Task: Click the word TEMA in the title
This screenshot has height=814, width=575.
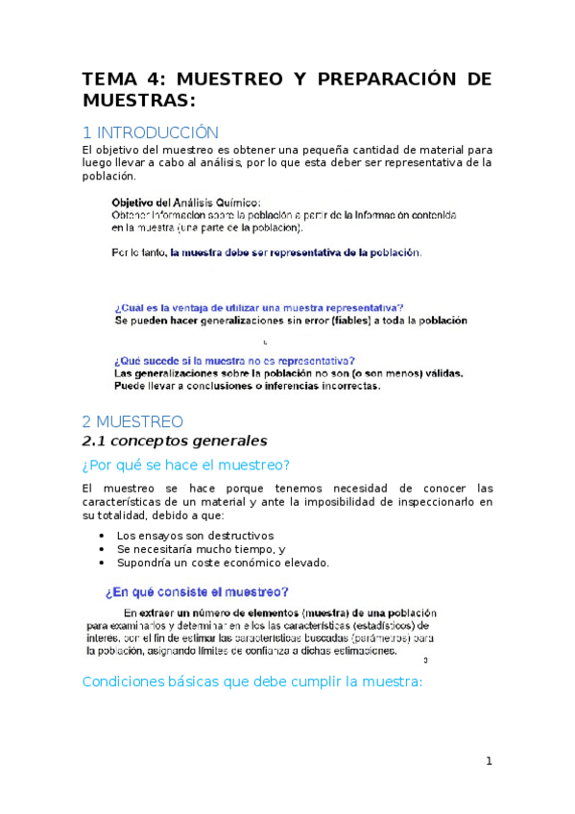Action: point(108,79)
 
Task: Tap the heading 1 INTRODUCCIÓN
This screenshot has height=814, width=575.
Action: point(151,132)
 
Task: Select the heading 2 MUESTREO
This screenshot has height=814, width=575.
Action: point(132,421)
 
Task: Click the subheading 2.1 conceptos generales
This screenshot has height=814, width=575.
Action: point(174,441)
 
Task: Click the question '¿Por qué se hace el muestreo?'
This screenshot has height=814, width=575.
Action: point(186,466)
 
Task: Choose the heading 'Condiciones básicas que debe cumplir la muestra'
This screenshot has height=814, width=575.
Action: point(252,682)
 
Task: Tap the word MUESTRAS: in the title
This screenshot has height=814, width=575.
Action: point(139,100)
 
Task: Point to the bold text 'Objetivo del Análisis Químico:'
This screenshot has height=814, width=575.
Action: point(185,203)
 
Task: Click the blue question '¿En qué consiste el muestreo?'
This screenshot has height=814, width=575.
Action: point(197,592)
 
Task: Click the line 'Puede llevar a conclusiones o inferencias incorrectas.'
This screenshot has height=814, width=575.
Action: point(247,387)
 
